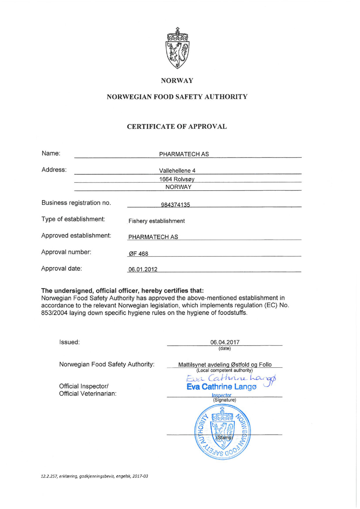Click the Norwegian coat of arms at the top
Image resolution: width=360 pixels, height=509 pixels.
pyautogui.click(x=177, y=48)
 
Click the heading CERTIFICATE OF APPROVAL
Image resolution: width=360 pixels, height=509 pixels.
pyautogui.click(x=177, y=127)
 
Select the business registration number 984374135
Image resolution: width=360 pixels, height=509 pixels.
pyautogui.click(x=175, y=205)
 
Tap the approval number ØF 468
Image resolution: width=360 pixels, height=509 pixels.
pyautogui.click(x=138, y=254)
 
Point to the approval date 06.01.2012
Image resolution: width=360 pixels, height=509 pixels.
pyautogui.click(x=143, y=269)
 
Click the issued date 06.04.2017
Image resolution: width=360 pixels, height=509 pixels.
pyautogui.click(x=225, y=342)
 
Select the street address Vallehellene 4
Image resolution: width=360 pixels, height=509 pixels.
pyautogui.click(x=177, y=171)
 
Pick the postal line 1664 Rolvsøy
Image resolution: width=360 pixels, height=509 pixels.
pyautogui.click(x=177, y=179)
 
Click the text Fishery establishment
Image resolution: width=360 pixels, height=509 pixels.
pyautogui.click(x=156, y=221)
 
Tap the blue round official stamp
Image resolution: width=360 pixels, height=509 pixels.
pyautogui.click(x=223, y=432)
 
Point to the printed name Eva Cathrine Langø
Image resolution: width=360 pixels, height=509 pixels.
pyautogui.click(x=222, y=387)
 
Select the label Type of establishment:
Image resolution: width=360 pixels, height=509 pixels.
pyautogui.click(x=73, y=219)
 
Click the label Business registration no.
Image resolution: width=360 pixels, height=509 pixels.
pyautogui.click(x=76, y=203)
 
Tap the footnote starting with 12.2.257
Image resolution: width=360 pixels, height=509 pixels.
pyautogui.click(x=94, y=476)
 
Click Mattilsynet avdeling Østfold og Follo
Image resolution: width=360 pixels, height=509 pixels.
pyautogui.click(x=225, y=365)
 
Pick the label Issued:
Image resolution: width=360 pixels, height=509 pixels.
pyautogui.click(x=69, y=342)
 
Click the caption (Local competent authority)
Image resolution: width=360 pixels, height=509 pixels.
pyautogui.click(x=224, y=370)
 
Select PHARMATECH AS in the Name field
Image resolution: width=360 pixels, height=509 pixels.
pyautogui.click(x=184, y=154)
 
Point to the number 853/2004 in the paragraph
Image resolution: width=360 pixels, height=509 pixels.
pyautogui.click(x=54, y=313)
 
